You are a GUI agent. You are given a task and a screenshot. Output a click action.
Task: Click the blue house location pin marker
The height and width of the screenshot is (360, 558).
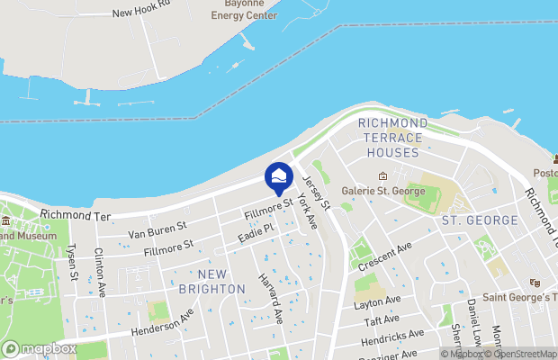(x=279, y=176)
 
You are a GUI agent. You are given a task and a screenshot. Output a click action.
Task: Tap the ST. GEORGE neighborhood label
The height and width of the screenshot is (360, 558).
(x=479, y=220)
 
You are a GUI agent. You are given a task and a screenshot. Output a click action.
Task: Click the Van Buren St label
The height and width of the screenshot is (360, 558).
(x=157, y=231)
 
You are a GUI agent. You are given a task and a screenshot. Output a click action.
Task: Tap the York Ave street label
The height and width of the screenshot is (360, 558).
(x=307, y=214)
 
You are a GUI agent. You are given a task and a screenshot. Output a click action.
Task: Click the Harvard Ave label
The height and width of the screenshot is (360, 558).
(x=271, y=299)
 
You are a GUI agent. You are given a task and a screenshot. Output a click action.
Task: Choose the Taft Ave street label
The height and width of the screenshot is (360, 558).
(x=382, y=320)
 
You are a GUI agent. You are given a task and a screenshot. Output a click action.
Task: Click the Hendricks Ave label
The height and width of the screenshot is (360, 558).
(x=391, y=338)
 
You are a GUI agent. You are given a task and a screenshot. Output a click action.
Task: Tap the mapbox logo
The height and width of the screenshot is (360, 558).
(x=40, y=348)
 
